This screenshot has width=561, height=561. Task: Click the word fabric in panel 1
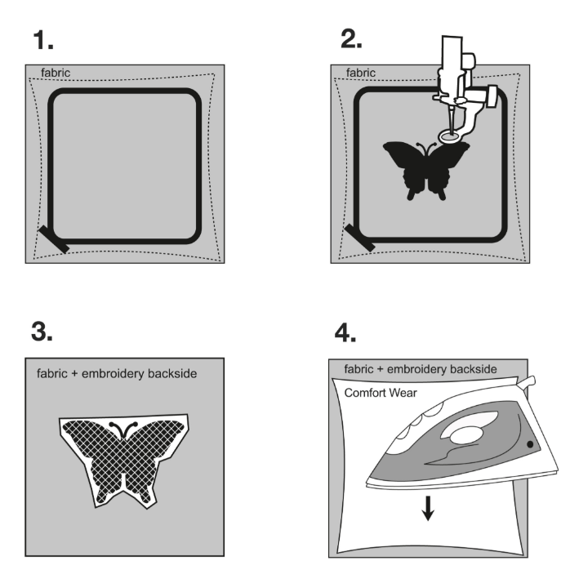point(55,73)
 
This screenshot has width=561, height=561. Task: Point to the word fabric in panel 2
point(361,73)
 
